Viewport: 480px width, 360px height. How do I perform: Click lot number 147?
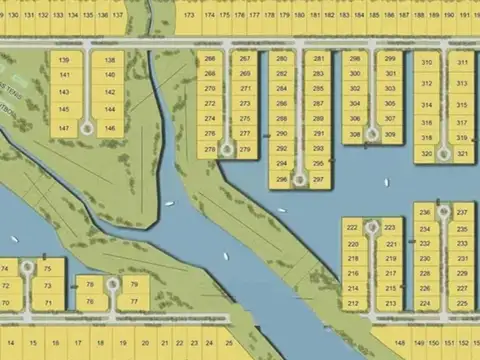pyautogui.click(x=64, y=128)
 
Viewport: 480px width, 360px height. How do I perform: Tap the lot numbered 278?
pyautogui.click(x=210, y=149)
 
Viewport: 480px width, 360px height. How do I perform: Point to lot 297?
pyautogui.click(x=318, y=180)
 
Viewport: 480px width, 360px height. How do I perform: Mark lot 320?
pyautogui.click(x=426, y=153)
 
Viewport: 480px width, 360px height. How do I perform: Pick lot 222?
pyautogui.click(x=353, y=228)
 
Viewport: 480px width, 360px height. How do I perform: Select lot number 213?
pyautogui.click(x=391, y=303)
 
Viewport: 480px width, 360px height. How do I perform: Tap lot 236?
pyautogui.click(x=425, y=213)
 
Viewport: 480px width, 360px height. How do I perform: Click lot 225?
pyautogui.click(x=462, y=303)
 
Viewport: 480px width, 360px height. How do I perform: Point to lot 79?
pyautogui.click(x=134, y=284)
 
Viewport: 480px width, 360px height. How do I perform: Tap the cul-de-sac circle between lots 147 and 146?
pyautogui.click(x=87, y=128)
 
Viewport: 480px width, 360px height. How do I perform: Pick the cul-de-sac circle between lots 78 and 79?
pyautogui.click(x=112, y=284)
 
